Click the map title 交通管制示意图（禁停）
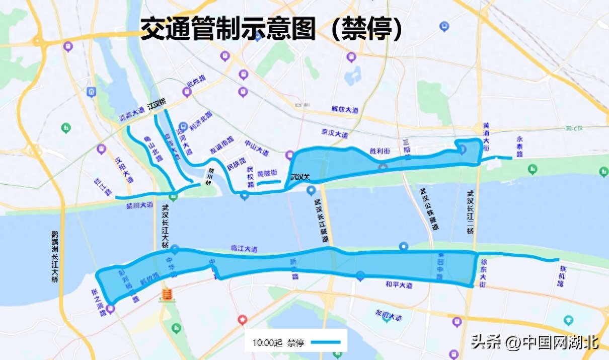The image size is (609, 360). coord(272,29)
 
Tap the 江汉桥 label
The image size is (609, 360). coord(157,106)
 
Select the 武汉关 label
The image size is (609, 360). coord(301,177)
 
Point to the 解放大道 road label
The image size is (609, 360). coord(345,109)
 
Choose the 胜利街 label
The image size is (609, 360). coord(380,151)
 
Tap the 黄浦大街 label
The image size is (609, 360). coord(486,136)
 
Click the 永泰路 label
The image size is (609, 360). coord(519,147)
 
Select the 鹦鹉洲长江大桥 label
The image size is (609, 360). coord(55,257)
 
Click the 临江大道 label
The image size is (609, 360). coord(244,249)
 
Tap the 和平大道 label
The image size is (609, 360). coord(399,285)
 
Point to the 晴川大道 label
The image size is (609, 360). coord(139,205)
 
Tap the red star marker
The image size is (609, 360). coord(243,319)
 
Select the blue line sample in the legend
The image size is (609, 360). coord(326,342)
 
